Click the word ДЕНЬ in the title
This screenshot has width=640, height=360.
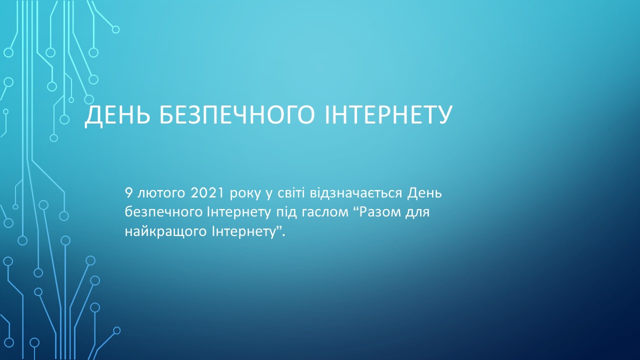tap(117, 115)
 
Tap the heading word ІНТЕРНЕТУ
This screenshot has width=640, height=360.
tap(388, 115)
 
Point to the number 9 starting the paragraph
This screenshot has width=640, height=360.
tap(128, 193)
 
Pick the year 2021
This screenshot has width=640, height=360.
tap(207, 193)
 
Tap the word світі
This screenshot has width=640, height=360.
tap(291, 193)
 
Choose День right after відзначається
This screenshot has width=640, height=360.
tap(424, 193)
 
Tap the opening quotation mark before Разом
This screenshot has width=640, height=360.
tap(356, 209)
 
